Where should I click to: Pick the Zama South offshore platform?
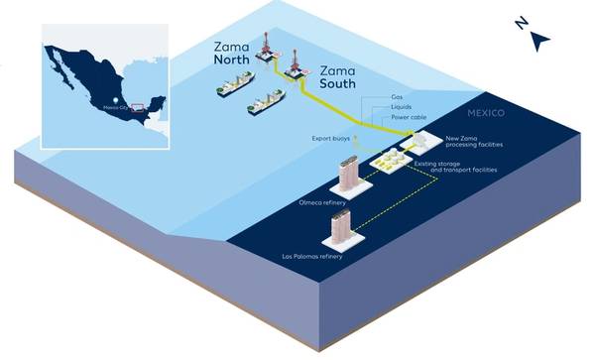[x=295, y=65]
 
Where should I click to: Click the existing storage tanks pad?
[x=388, y=158]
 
